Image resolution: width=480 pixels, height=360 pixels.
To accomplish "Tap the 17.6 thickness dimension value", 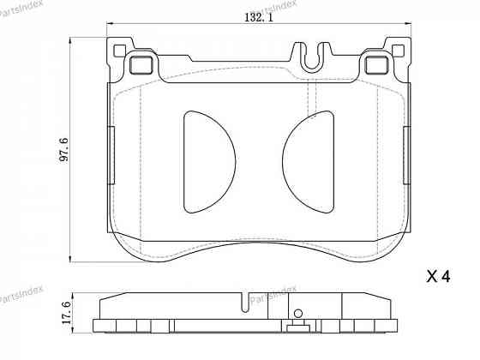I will pyautogui.click(x=63, y=310).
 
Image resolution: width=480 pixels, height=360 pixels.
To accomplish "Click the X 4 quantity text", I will pyautogui.click(x=437, y=277).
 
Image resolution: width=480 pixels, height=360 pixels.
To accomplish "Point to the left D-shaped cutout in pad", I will pyautogui.click(x=206, y=161).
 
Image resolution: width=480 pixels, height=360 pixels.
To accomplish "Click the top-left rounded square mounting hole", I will pyautogui.click(x=139, y=63).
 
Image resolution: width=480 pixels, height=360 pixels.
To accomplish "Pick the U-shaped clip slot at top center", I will pyautogui.click(x=315, y=56).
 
